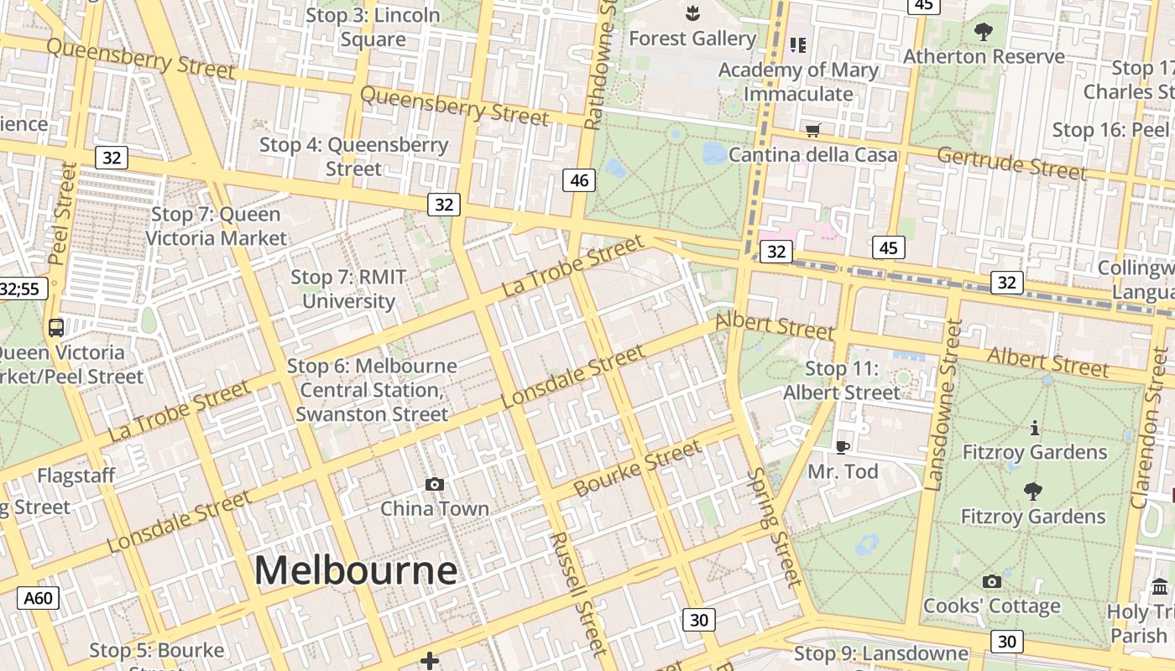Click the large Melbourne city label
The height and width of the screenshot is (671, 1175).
[x=356, y=571]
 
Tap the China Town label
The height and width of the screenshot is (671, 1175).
[x=434, y=509]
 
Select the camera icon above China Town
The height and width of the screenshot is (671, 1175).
[x=434, y=484]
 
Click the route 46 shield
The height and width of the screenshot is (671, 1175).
[x=579, y=180]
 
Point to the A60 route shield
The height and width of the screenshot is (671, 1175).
[x=39, y=599]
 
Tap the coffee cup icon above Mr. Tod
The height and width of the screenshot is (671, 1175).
[x=843, y=447]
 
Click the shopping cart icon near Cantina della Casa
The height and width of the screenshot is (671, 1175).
[x=812, y=130]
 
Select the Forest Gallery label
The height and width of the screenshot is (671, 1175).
[x=692, y=39]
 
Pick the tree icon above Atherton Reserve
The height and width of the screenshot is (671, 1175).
[x=983, y=33]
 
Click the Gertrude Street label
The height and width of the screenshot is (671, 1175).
[x=1011, y=162]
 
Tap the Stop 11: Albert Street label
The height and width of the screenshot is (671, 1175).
[x=842, y=380]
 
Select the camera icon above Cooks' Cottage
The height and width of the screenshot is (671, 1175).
[x=991, y=581]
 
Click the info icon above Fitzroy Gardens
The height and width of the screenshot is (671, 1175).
[x=1034, y=429]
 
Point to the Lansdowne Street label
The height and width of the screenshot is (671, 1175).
[x=942, y=404]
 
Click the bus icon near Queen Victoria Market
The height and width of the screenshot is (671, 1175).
[x=56, y=328]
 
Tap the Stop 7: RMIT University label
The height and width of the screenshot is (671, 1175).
[x=348, y=289]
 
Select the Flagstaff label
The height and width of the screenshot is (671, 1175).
[x=76, y=476]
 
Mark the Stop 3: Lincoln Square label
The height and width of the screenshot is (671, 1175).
[x=373, y=27]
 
